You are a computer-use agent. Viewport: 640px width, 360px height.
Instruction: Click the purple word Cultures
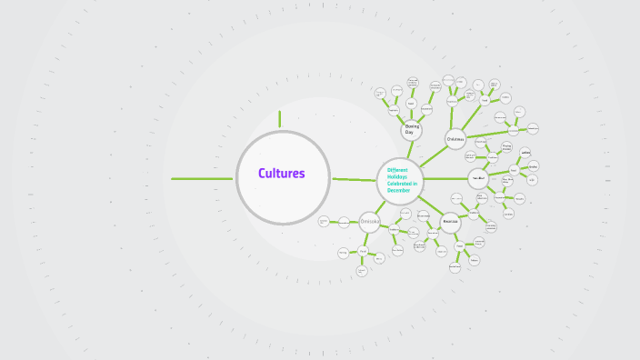281,174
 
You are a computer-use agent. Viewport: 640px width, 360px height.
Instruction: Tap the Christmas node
455,139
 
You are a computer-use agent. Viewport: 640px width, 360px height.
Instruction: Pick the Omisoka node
370,220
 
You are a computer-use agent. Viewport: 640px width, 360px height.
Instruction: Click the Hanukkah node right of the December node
478,178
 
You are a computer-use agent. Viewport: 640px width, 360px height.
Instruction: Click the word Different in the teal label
397,169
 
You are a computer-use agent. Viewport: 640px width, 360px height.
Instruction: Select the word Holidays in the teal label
397,176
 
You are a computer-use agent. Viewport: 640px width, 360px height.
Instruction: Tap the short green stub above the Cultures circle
280,119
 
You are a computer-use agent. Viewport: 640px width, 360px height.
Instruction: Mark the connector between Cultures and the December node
354,179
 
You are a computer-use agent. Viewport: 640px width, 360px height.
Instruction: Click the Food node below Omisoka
363,251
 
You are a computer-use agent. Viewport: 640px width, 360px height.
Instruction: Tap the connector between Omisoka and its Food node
366,236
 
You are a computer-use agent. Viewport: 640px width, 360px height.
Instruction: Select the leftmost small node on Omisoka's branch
324,221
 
